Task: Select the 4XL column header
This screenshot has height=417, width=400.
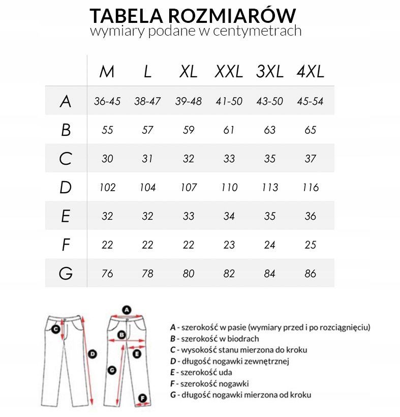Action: tap(310, 72)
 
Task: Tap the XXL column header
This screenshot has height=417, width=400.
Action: tap(229, 72)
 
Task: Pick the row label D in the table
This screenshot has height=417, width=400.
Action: tap(65, 187)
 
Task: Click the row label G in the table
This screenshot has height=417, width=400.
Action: tap(65, 274)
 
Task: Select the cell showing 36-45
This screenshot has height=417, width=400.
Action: tap(107, 101)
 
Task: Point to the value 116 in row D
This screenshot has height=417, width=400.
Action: tap(310, 187)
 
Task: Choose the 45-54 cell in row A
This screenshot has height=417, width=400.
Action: tap(310, 101)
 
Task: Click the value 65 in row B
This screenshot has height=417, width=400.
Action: tap(310, 130)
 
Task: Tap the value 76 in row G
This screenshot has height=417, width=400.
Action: tap(107, 274)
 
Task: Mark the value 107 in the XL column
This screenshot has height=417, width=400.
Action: tap(189, 187)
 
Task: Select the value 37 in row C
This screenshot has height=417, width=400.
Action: tap(310, 159)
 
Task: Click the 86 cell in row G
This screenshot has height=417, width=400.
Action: tap(310, 274)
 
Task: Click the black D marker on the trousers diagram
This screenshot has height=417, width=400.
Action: tap(93, 354)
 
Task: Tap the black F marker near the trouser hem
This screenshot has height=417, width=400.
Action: tap(143, 398)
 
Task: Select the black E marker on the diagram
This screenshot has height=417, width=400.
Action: tap(136, 354)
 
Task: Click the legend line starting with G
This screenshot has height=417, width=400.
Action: tap(240, 395)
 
